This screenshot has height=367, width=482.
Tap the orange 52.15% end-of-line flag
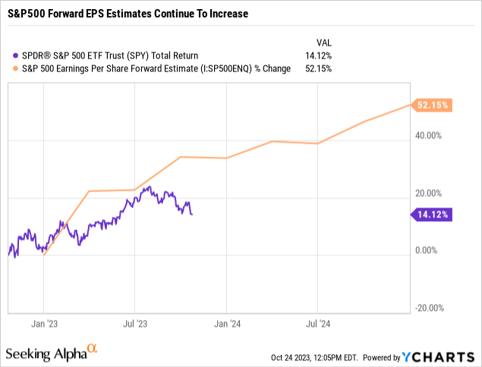(433, 105)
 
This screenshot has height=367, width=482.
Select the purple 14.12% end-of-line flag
(433, 215)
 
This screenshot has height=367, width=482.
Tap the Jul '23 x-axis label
(135, 323)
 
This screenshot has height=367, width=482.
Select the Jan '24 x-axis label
(226, 323)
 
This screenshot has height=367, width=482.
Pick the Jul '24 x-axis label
(317, 323)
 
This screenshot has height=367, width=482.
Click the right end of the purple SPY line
(191, 214)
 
